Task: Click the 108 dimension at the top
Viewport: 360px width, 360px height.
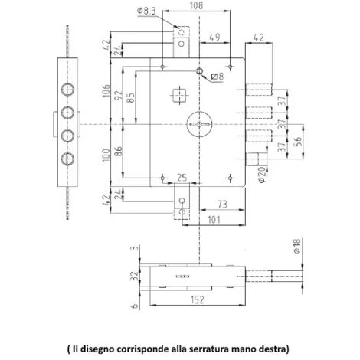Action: click(196, 5)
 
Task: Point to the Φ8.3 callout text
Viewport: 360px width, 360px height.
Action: click(146, 11)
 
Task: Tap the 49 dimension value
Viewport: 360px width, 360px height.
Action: click(214, 37)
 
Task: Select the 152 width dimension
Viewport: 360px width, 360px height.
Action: click(198, 299)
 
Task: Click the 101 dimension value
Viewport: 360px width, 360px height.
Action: click(214, 220)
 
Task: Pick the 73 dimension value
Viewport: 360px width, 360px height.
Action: click(222, 205)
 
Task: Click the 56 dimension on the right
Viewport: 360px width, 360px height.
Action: click(298, 142)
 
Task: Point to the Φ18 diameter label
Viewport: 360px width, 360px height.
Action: click(297, 246)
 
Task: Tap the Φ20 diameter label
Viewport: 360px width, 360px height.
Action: click(262, 175)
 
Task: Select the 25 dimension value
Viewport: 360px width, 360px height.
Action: click(182, 178)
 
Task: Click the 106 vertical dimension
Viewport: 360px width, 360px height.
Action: click(106, 90)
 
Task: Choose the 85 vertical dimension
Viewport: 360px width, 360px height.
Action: click(131, 97)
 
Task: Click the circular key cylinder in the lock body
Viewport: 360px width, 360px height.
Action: click(199, 124)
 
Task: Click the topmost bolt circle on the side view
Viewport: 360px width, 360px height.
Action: click(67, 90)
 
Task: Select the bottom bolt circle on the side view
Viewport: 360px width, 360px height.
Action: click(67, 159)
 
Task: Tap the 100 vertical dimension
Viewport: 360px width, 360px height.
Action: click(106, 155)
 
